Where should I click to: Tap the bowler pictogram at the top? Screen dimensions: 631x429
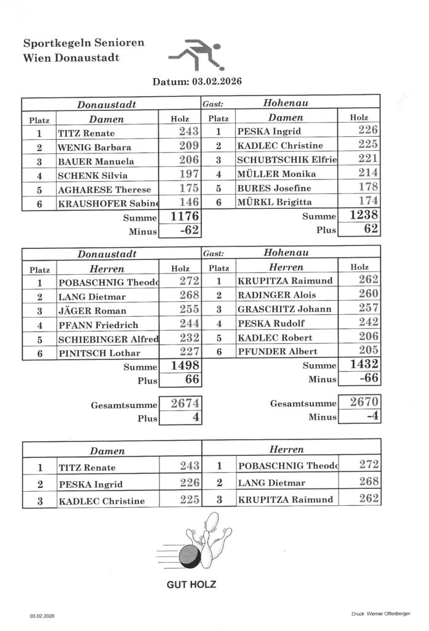click(x=195, y=55)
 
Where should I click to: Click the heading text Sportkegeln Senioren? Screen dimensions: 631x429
click(x=84, y=43)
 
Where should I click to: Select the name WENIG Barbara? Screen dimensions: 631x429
click(x=90, y=147)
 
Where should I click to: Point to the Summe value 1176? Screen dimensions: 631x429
click(x=183, y=216)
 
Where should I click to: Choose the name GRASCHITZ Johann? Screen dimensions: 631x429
click(x=284, y=309)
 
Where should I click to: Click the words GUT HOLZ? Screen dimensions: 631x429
click(x=193, y=584)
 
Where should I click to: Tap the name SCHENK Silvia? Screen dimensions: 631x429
click(x=88, y=175)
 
